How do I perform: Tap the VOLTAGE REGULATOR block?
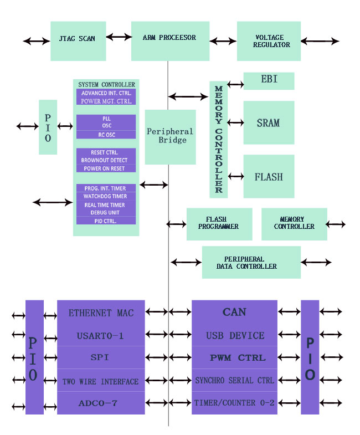pos(269,41)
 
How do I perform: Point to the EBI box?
pos(269,80)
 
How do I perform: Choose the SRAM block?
pos(269,122)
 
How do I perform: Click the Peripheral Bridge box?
pos(170,136)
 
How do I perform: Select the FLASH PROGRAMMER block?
pos(219,223)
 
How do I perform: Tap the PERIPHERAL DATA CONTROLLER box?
pos(251,263)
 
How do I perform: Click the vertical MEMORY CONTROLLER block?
pos(218,139)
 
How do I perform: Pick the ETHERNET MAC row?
pos(101,313)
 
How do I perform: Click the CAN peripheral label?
pos(234,312)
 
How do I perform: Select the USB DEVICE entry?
pos(234,335)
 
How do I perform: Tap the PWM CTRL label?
pos(234,358)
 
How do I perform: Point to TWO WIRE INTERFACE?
pos(101,381)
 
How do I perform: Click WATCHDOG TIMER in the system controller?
pos(105,196)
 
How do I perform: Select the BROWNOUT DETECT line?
pos(105,160)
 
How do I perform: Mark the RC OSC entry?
pos(105,134)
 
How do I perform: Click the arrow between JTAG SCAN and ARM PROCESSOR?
pos(119,37)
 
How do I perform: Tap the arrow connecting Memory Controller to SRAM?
pos(235,122)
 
